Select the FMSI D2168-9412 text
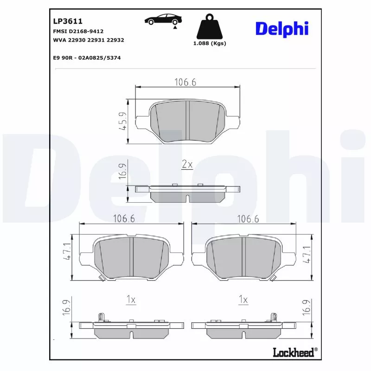pos(78,31)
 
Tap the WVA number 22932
pos(115,40)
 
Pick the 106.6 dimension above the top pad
pos(185,82)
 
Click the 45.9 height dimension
pos(123,121)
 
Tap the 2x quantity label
pos(186,165)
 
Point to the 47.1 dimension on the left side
pos(68,253)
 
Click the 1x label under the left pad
pos(131,300)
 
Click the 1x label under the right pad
pos(243,300)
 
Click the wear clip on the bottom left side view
pos(102,317)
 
